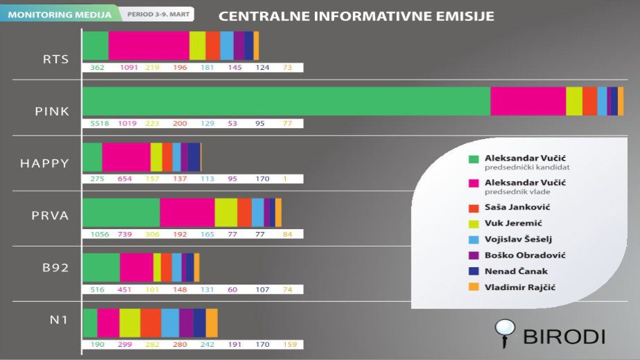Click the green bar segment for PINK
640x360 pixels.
[x=286, y=101]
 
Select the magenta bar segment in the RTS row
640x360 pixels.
[x=149, y=46]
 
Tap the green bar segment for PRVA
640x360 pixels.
[x=121, y=212]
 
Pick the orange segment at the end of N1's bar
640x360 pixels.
[x=212, y=323]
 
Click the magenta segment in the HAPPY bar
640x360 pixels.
[x=126, y=156]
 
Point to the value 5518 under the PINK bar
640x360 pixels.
[x=100, y=123]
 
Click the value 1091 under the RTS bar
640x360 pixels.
[x=129, y=67]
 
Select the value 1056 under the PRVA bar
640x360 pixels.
[x=100, y=234]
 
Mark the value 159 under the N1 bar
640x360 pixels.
[x=291, y=344]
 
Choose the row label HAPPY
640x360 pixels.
[x=44, y=163]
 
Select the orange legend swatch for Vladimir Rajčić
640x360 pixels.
[x=473, y=287]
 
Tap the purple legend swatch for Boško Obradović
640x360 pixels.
[x=473, y=255]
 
